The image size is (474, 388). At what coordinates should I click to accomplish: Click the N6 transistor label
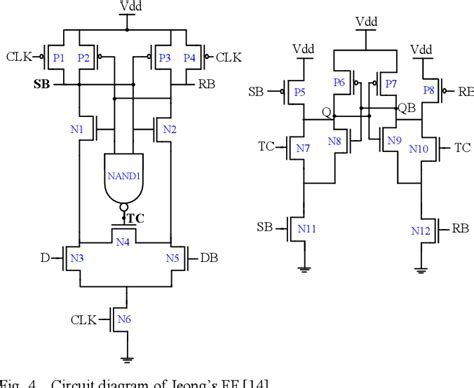(124, 319)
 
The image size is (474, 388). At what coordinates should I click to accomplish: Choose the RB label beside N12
(460, 228)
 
